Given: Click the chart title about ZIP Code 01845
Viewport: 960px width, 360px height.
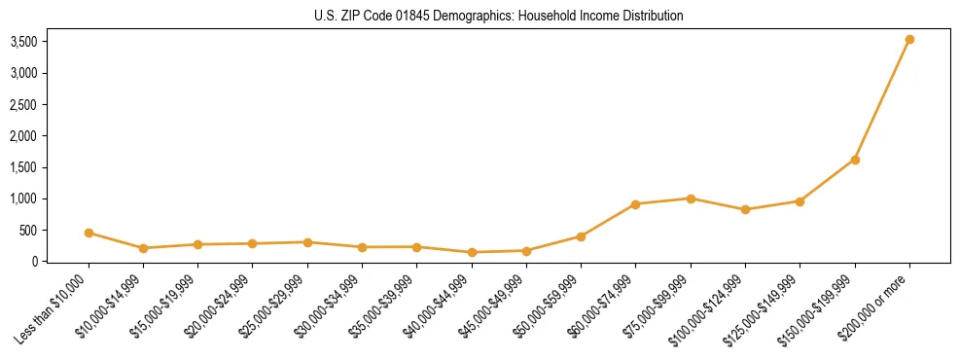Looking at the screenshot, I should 499,16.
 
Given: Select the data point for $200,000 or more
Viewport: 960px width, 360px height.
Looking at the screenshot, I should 909,40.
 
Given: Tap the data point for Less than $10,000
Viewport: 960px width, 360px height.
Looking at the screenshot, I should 89,233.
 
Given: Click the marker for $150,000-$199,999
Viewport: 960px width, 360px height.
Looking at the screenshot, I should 855,160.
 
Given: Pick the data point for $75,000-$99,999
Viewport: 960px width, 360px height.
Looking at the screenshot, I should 691,198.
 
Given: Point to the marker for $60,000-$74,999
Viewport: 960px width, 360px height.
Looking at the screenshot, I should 635,204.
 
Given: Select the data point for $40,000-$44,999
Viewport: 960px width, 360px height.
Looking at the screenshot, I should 472,252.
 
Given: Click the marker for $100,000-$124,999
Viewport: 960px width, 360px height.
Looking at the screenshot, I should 745,209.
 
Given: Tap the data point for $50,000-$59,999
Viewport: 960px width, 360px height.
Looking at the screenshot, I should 581,236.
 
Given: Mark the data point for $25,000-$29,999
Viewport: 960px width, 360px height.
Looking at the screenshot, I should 307,242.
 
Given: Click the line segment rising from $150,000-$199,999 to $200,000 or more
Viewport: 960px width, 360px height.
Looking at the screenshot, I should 882,99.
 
